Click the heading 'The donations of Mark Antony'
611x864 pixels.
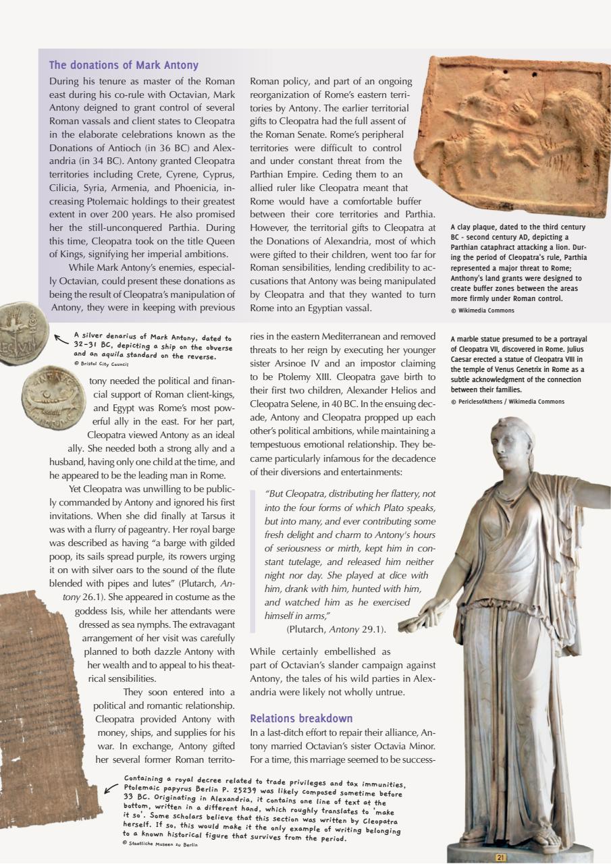124,65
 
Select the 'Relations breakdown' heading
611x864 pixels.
301,718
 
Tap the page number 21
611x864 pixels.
500,857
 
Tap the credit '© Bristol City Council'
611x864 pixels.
101,363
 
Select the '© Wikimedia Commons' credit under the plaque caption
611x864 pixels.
482,310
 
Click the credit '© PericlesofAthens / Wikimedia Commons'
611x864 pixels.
506,402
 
